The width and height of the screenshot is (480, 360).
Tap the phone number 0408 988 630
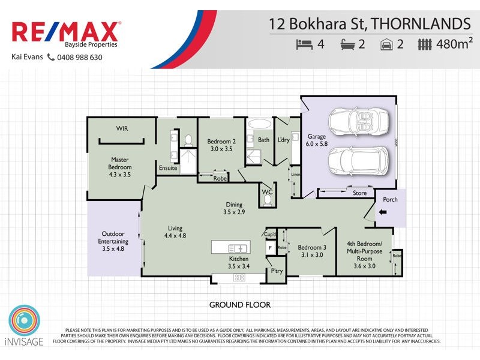point(79,58)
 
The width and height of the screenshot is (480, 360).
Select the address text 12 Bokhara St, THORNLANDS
point(369,24)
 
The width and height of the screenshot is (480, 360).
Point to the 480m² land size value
point(455,44)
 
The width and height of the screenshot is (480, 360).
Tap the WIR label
point(122,128)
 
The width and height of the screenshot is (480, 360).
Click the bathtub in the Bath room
point(259,125)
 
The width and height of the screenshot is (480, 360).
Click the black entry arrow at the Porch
point(382,212)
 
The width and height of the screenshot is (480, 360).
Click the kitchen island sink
point(239,248)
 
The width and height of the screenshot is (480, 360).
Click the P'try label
point(277,271)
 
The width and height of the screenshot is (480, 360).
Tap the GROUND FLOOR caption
point(239,305)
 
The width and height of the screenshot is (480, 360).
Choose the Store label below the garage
point(359,193)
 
